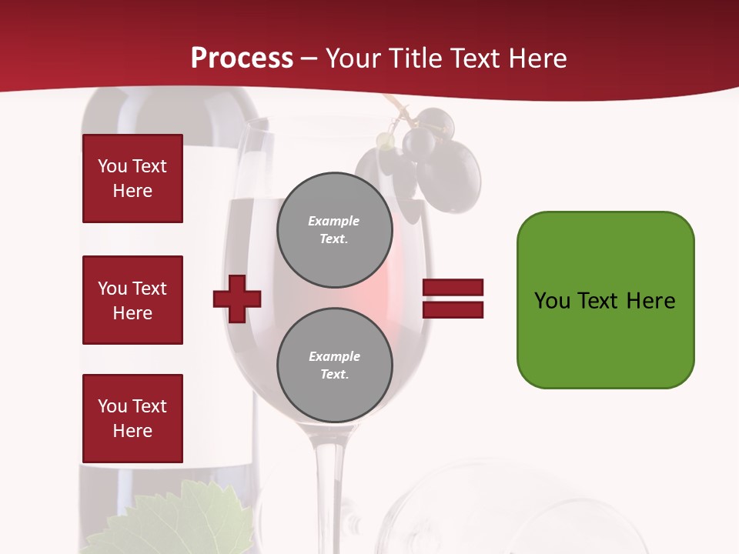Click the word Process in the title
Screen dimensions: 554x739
(x=242, y=58)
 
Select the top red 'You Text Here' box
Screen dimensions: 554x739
(x=132, y=179)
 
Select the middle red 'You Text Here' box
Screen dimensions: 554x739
(x=132, y=300)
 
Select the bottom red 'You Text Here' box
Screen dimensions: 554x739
(x=132, y=418)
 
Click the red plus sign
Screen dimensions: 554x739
(x=237, y=299)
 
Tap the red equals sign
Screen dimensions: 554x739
(x=453, y=299)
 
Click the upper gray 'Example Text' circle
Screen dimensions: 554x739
(x=334, y=229)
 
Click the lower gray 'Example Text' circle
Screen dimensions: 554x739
(x=334, y=365)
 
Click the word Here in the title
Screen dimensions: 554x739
(x=537, y=58)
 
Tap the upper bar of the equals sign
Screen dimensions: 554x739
(x=453, y=288)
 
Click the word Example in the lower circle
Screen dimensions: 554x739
(x=334, y=356)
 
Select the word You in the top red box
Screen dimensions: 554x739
(x=112, y=166)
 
